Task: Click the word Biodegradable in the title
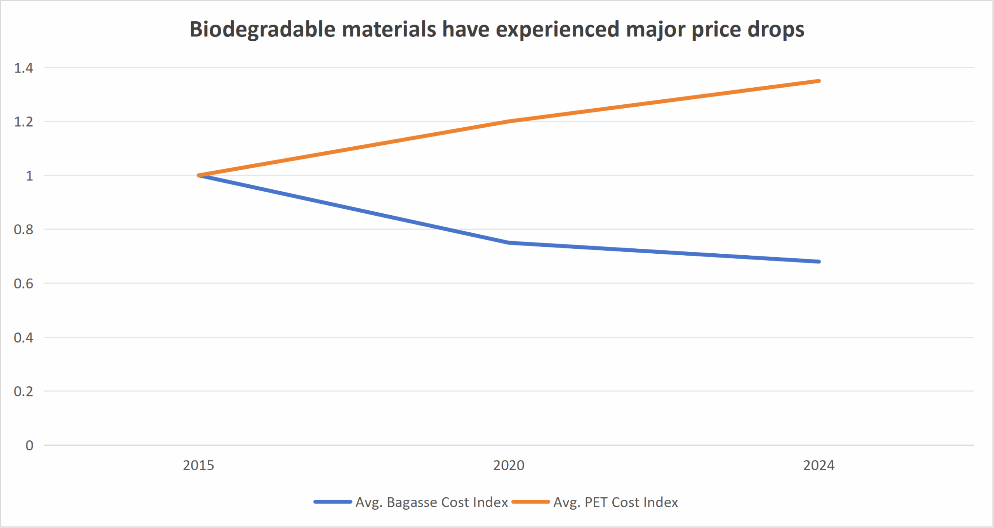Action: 262,29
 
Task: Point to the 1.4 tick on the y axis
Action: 24,68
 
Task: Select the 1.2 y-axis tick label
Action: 24,122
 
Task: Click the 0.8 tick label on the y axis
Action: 24,230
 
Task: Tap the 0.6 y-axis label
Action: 24,284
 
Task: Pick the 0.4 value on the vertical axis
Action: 24,338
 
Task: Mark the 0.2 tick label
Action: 24,391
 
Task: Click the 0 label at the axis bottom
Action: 30,445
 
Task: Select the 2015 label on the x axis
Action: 198,465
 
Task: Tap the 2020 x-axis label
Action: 509,465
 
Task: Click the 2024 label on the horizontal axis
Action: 818,465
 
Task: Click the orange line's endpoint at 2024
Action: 818,81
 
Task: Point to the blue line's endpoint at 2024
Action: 818,261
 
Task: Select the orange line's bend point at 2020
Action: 509,121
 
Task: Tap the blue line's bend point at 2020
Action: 509,243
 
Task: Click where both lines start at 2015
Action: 199,175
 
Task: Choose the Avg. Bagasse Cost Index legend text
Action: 431,502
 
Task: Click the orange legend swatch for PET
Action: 530,502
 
